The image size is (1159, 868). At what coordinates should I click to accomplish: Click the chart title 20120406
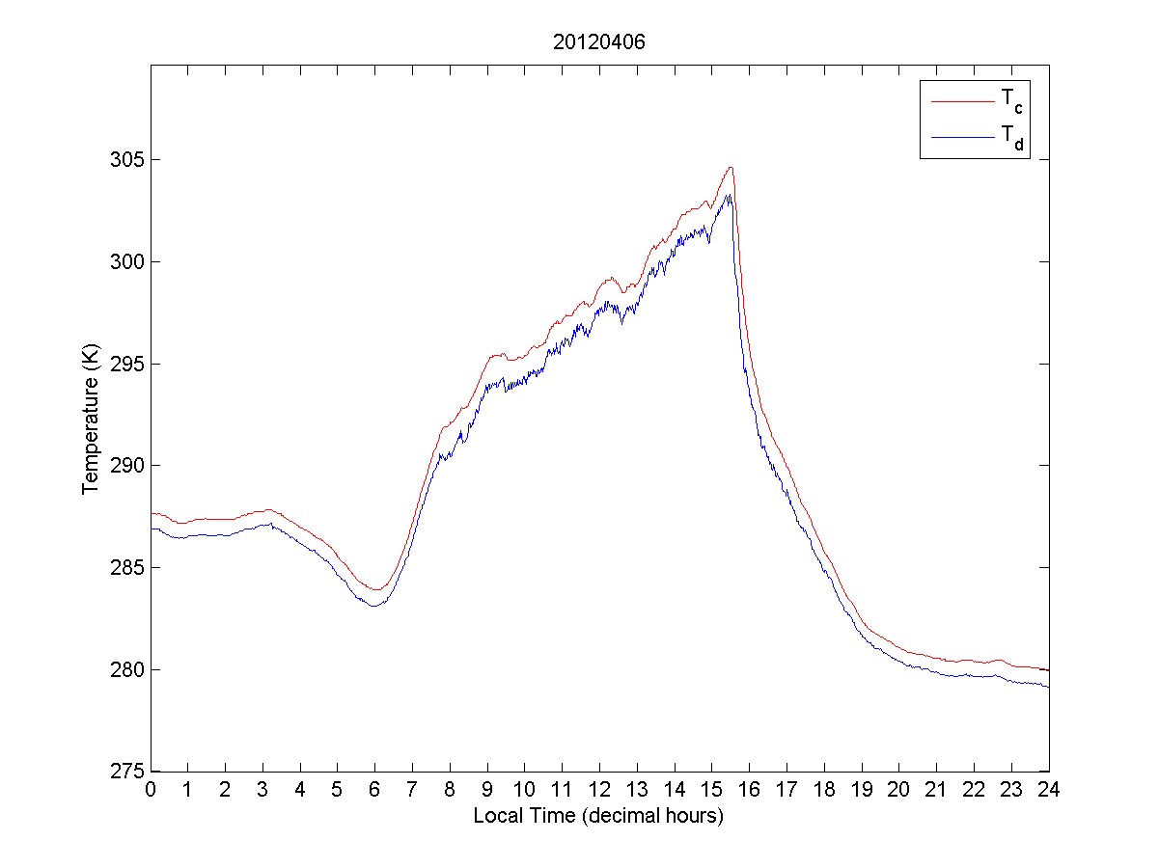point(598,42)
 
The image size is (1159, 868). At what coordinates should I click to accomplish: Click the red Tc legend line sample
point(962,99)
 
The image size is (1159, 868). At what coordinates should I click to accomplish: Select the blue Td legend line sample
point(962,139)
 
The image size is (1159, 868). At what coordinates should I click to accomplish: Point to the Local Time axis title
point(598,815)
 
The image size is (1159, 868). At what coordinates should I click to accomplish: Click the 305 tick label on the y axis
point(126,159)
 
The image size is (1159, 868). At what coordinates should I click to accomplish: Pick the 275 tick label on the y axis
point(126,771)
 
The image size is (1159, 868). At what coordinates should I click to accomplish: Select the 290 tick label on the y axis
point(126,465)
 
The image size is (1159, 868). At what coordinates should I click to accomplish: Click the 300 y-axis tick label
point(126,261)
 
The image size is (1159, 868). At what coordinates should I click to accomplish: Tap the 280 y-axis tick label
point(126,669)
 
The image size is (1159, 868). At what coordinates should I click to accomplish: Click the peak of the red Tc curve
point(731,167)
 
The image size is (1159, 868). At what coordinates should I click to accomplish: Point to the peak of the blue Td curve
point(729,195)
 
